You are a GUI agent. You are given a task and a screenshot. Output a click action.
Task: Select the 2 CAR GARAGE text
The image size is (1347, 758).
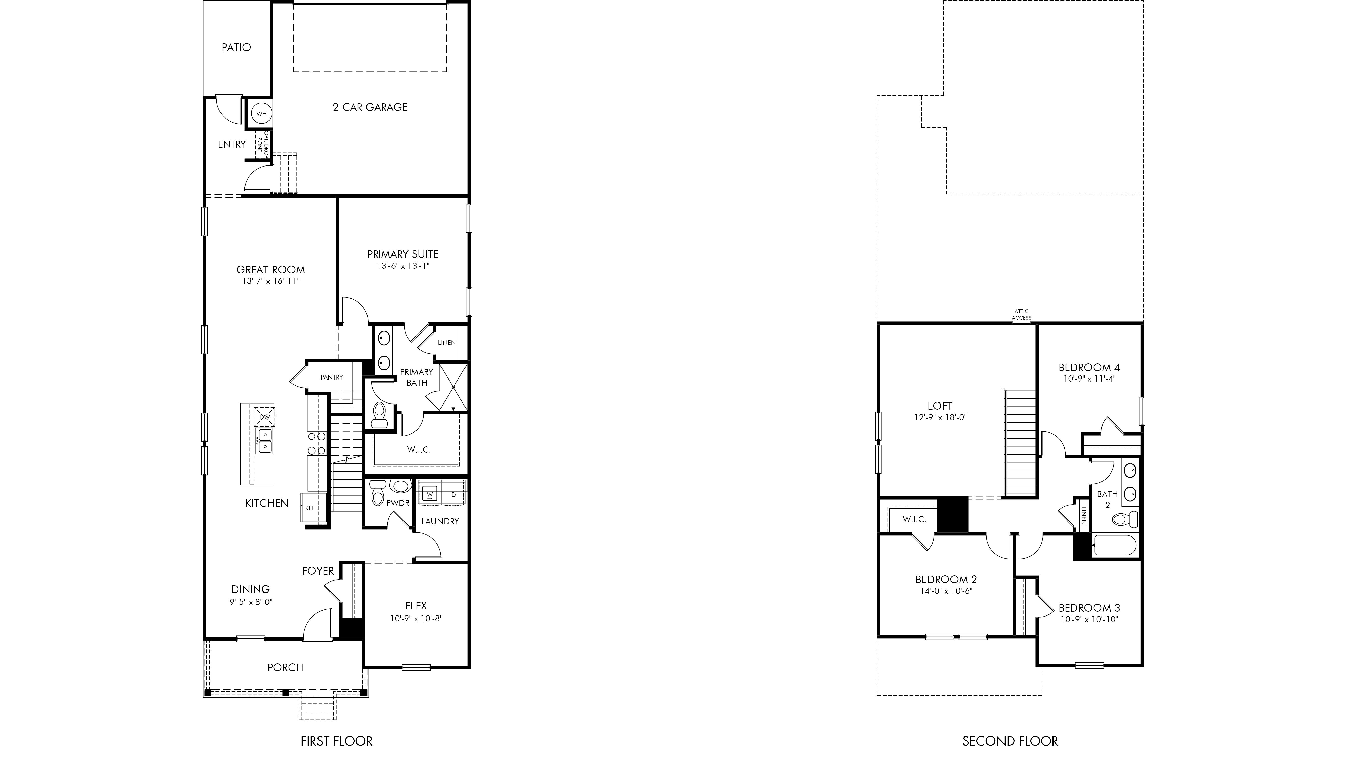370,107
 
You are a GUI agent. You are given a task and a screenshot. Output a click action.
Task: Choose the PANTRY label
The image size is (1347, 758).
332,377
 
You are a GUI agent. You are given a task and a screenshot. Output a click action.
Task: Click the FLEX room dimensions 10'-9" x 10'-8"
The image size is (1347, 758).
416,618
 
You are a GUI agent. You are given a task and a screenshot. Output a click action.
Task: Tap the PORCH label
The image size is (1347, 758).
285,668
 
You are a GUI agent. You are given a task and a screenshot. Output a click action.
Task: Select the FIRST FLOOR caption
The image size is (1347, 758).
336,741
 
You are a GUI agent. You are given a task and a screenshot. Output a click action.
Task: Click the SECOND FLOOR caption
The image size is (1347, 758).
1010,741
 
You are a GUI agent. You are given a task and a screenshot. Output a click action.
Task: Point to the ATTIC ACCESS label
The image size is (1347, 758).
1021,314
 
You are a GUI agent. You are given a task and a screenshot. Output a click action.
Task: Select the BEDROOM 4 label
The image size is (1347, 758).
1089,368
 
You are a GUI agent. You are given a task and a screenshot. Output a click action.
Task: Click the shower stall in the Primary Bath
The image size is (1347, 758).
453,387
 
